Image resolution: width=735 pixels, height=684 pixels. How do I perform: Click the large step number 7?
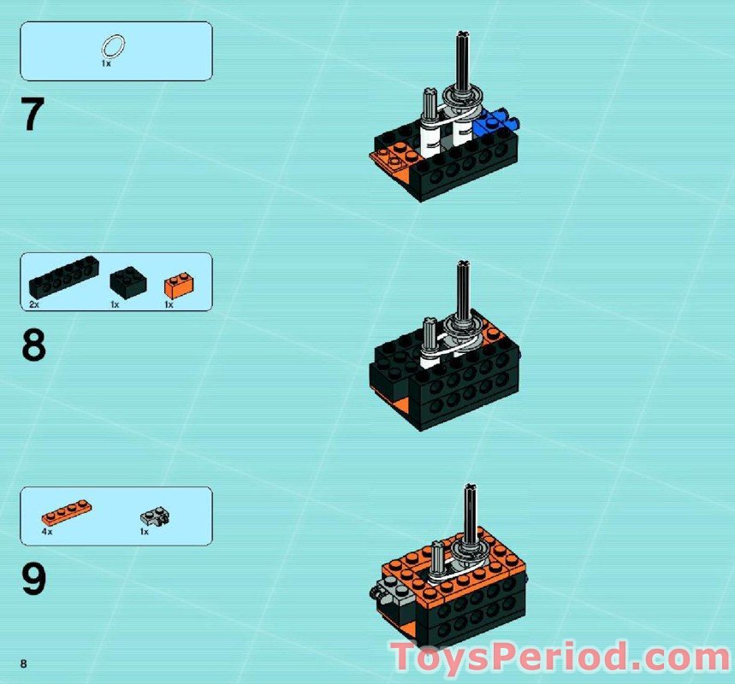pos(33,115)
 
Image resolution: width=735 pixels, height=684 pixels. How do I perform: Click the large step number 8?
pos(33,346)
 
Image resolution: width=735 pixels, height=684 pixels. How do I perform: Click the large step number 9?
pos(33,580)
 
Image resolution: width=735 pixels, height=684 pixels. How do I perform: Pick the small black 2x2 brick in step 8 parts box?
pos(127,281)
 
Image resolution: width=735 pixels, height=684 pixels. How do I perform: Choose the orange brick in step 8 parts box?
pos(178,285)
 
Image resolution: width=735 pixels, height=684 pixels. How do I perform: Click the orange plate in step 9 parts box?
pos(66,514)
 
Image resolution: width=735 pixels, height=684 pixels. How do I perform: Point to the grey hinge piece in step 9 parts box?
pos(155,516)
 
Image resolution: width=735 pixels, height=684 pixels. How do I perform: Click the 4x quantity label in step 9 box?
pos(47,532)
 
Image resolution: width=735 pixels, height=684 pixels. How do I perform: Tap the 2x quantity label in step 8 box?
pos(34,304)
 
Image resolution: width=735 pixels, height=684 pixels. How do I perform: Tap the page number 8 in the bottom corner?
pos(24,664)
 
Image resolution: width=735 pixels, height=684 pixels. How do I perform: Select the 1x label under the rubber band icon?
pos(105,64)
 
